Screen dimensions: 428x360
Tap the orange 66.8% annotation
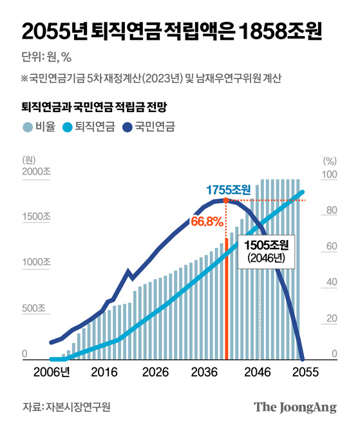coord(207,221)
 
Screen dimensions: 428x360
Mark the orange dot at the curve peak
coord(225,201)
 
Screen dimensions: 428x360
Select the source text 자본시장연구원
coord(78,407)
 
